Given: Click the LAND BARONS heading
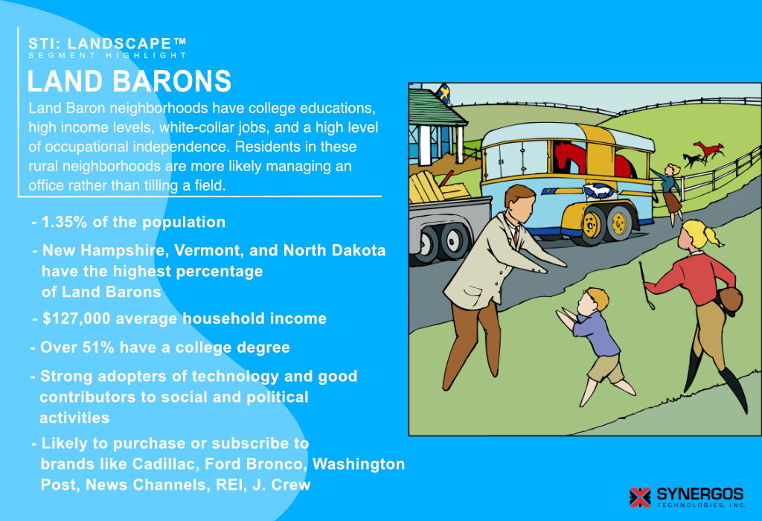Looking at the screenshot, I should [129, 81].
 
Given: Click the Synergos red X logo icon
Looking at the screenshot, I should [639, 496].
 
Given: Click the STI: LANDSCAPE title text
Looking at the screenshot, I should [107, 43].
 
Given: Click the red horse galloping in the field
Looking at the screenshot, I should [703, 152].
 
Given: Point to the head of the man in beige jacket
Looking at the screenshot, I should [519, 202].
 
